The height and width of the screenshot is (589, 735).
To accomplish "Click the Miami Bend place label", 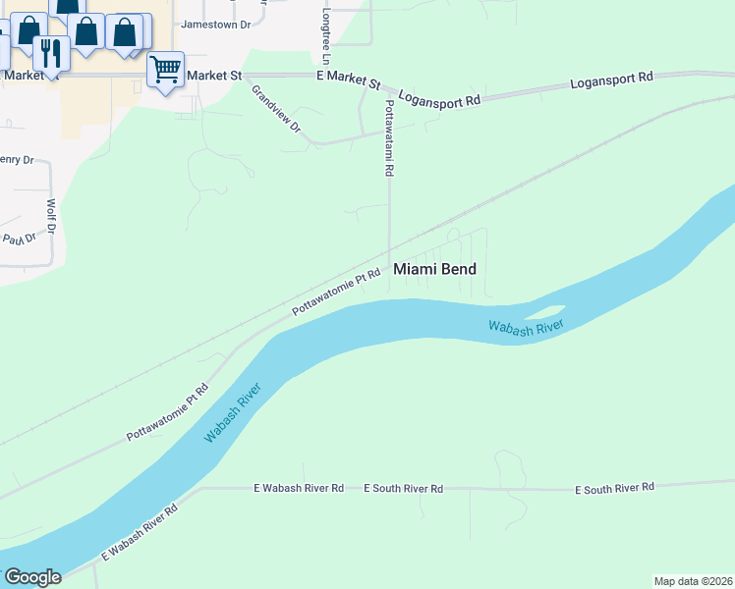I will click(x=434, y=268).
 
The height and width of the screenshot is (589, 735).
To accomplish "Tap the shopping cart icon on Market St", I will click(x=165, y=70).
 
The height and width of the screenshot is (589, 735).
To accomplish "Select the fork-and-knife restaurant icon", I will click(x=49, y=52).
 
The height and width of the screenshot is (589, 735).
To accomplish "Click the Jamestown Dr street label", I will click(x=216, y=24).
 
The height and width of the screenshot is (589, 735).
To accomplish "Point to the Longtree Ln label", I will click(x=325, y=36).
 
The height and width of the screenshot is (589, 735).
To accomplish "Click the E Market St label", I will click(x=348, y=78).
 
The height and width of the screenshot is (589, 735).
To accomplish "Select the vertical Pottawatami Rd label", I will click(x=389, y=136).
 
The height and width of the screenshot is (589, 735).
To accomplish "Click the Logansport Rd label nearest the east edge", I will click(x=611, y=80).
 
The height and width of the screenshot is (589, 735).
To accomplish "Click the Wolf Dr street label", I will click(x=52, y=218).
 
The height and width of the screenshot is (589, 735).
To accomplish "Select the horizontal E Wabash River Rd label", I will click(x=299, y=487).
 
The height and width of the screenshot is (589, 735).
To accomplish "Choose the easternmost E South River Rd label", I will click(x=614, y=487).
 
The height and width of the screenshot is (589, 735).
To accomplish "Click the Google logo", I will click(x=32, y=577).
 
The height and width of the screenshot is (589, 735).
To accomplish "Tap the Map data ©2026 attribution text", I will click(x=694, y=581).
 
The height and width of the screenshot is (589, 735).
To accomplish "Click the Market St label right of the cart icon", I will click(x=213, y=75).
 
